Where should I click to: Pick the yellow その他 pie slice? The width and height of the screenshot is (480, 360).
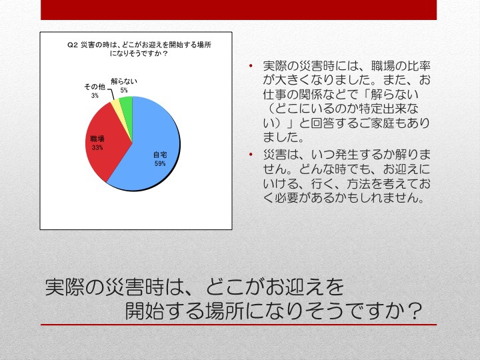coord(115,105)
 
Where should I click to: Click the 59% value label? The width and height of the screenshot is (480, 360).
coord(160,163)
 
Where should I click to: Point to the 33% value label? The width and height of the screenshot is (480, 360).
coord(97,147)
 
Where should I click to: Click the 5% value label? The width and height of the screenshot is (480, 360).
coord(124,90)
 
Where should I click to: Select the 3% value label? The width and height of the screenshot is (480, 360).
coord(95,95)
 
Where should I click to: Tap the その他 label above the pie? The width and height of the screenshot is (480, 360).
coord(95,87)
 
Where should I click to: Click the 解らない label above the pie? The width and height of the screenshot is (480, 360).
coord(124,81)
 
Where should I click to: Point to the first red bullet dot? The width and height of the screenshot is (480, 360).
coord(251,65)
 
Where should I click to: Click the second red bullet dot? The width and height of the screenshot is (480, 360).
coord(251,154)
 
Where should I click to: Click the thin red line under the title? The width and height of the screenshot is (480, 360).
coord(239,325)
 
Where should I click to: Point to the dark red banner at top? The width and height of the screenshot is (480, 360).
coord(239,10)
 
